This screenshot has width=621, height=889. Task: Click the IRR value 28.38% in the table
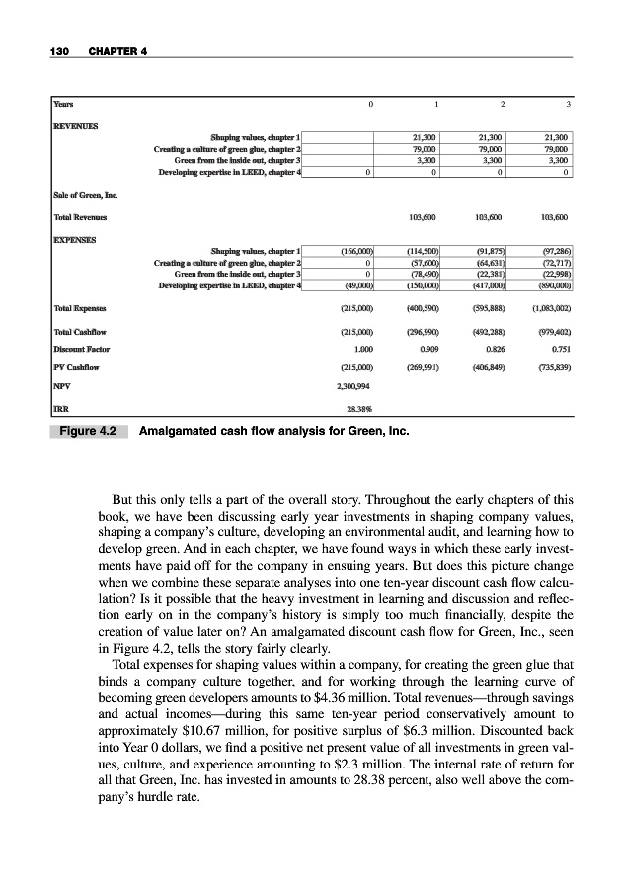[x=356, y=405]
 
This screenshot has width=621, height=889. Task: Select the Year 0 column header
[x=370, y=101]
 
